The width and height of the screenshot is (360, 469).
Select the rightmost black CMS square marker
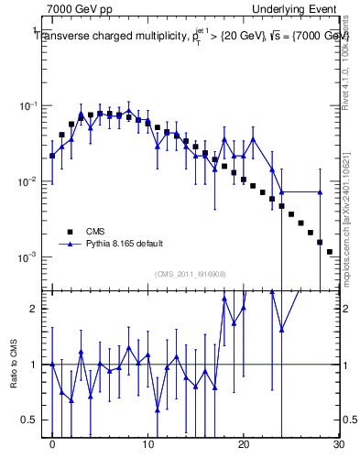tap(329, 251)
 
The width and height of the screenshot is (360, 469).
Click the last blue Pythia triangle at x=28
tap(320, 192)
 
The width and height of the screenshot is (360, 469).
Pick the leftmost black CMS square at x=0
tap(52, 156)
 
